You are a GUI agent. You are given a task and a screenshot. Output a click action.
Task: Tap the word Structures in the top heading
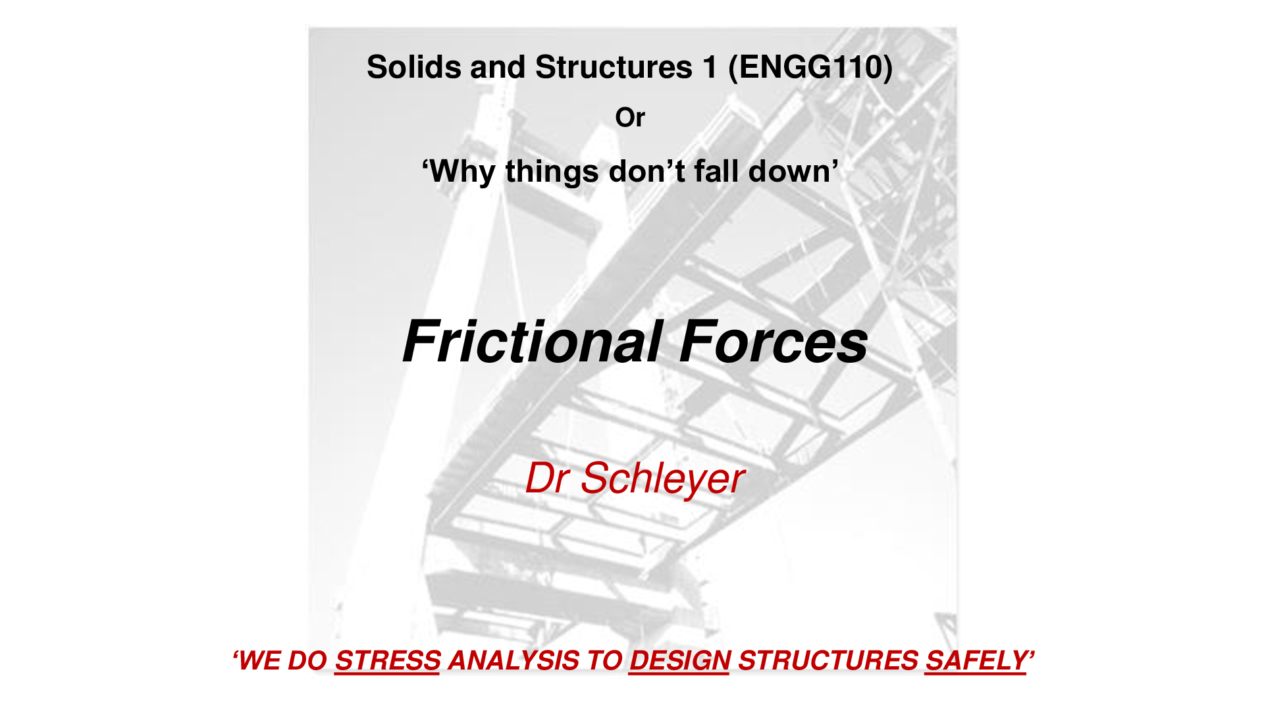[x=614, y=67]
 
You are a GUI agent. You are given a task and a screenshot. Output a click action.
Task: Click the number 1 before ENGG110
[x=710, y=67]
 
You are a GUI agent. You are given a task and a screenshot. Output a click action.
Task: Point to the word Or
[x=630, y=118]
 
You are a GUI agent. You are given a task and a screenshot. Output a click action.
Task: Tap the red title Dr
[x=547, y=478]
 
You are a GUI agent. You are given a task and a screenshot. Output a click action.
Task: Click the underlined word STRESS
[x=388, y=661]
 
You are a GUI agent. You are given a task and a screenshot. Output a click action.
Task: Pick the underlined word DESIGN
[x=679, y=661]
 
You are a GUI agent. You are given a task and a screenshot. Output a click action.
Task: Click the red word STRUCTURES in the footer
[x=828, y=660]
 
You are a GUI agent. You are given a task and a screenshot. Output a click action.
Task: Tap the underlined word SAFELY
[x=976, y=661]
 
